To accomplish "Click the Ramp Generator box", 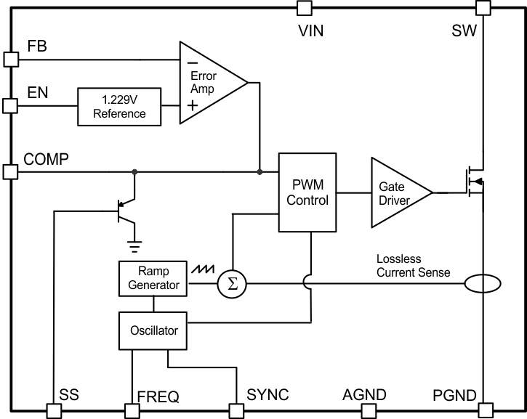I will [153, 278].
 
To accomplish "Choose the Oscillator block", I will [153, 331].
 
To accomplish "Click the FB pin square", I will [10, 59].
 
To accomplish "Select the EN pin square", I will [10, 106].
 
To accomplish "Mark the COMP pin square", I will [10, 172].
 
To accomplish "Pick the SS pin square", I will [55, 411].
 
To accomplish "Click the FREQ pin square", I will [132, 411].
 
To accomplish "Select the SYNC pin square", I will [237, 411].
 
